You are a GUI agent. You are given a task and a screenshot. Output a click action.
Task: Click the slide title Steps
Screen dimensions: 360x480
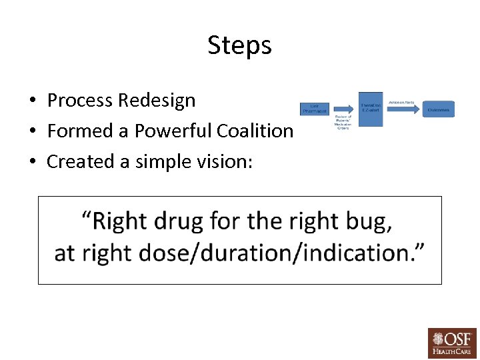(239, 45)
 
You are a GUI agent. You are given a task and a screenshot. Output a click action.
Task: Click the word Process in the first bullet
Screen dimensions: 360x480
(79, 101)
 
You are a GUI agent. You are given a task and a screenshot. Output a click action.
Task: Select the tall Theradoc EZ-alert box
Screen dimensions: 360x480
(371, 109)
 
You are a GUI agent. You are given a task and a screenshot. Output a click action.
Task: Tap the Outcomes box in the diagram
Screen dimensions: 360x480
(438, 109)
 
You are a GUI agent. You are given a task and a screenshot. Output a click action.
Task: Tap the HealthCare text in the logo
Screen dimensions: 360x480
(452, 351)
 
